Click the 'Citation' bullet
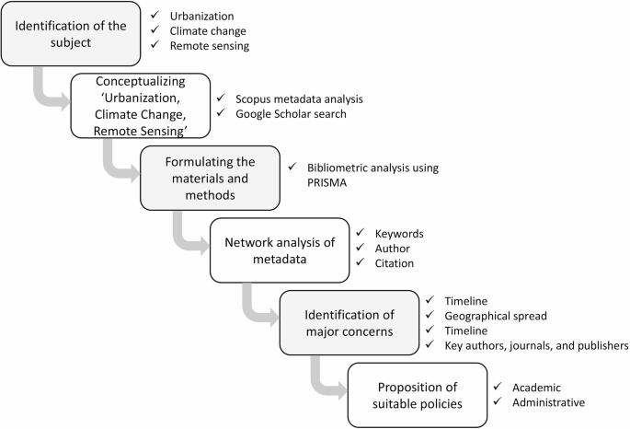(395, 264)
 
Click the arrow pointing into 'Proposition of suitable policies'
(326, 377)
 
